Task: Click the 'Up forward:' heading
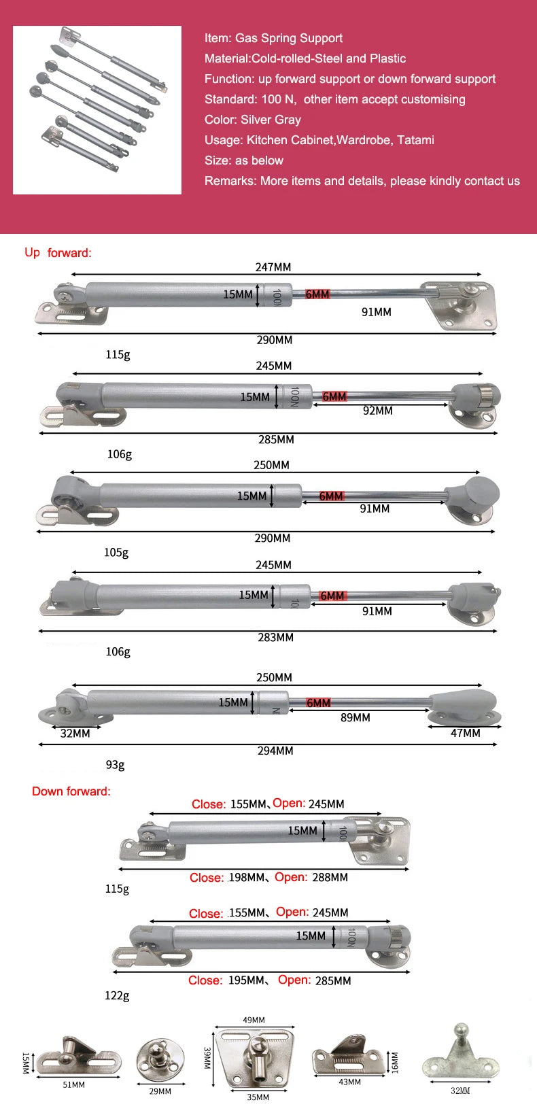(58, 253)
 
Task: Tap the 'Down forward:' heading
(71, 791)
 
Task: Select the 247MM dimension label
(273, 267)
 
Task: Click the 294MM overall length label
(275, 751)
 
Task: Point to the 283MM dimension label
(275, 638)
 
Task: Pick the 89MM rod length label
(355, 718)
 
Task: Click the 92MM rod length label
(377, 411)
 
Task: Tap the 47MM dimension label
(465, 734)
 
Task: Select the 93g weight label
(115, 765)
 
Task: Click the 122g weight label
(116, 995)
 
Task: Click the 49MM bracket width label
(254, 1020)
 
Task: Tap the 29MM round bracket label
(160, 1091)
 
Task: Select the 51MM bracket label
(73, 1085)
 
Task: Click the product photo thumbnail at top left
(97, 110)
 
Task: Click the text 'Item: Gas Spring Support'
(273, 38)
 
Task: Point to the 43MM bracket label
(349, 1082)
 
